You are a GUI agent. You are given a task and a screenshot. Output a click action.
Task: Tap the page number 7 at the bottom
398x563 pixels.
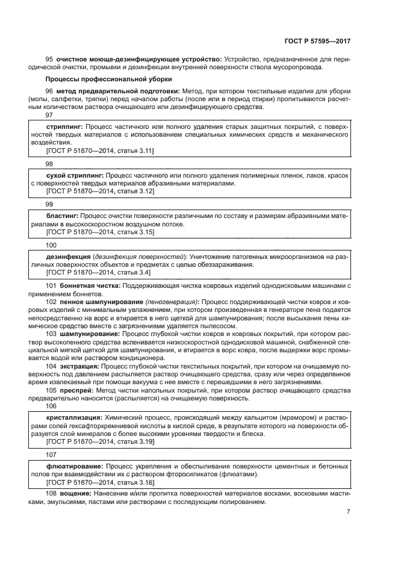tap(348, 512)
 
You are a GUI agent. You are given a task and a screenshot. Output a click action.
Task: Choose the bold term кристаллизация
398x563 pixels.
tap(74, 417)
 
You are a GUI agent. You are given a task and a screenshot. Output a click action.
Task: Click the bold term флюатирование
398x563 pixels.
tap(73, 466)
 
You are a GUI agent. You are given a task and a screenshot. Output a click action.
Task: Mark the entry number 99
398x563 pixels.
tap(49, 204)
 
